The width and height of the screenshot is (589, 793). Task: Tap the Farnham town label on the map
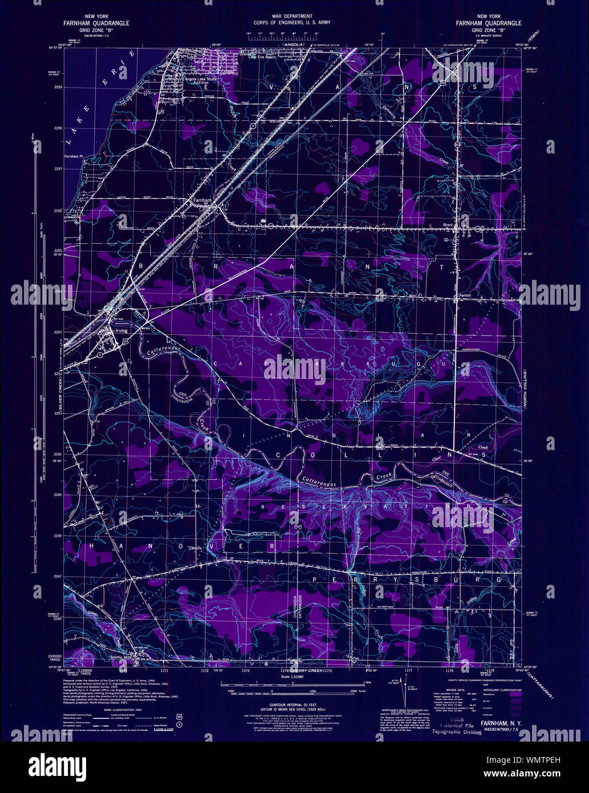(198, 201)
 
